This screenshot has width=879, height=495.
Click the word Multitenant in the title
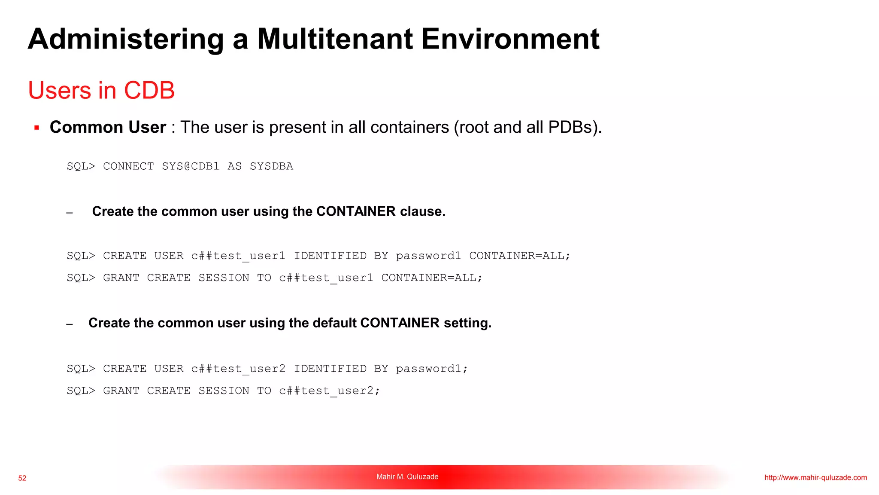tap(335, 39)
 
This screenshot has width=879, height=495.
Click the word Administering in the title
tap(126, 39)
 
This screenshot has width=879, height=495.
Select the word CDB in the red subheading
tap(149, 90)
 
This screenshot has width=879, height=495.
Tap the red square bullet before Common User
tap(37, 128)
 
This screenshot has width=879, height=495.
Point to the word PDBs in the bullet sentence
tap(573, 127)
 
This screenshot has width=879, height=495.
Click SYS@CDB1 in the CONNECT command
tap(191, 166)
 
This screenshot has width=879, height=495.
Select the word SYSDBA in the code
tap(271, 166)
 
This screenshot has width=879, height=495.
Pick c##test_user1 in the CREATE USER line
tap(238, 256)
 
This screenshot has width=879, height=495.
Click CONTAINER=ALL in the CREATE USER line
tap(519, 256)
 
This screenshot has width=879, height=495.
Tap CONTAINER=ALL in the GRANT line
tap(432, 278)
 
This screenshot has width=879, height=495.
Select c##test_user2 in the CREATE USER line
tap(238, 369)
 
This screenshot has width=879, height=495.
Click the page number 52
tap(22, 478)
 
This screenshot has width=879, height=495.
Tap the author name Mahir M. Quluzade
tap(407, 477)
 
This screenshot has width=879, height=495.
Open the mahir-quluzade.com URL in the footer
tap(815, 478)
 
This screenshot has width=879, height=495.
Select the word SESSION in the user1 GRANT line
tap(224, 278)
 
